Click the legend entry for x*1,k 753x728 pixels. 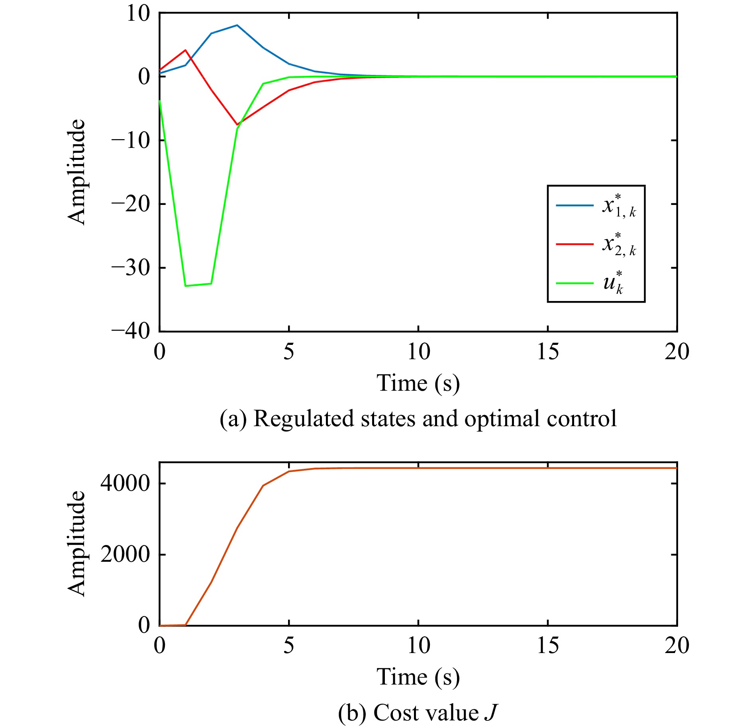596,207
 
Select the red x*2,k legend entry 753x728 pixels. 596,244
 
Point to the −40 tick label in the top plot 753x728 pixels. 131,331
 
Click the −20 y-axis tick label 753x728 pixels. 131,204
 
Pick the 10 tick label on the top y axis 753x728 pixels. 138,14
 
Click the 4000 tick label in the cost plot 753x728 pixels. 125,484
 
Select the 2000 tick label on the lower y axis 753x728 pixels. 125,555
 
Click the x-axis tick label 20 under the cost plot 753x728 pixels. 677,645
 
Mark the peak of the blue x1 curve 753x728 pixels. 237,25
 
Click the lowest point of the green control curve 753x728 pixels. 186,286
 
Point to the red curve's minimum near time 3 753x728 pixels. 237,124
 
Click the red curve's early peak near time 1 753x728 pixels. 185,50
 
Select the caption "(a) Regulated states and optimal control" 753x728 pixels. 418,419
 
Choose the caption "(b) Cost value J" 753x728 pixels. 418,712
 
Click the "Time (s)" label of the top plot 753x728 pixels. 418,384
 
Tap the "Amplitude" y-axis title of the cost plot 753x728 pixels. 76,543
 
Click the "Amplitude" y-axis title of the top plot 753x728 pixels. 76,172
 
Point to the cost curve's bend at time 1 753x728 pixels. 186,625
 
